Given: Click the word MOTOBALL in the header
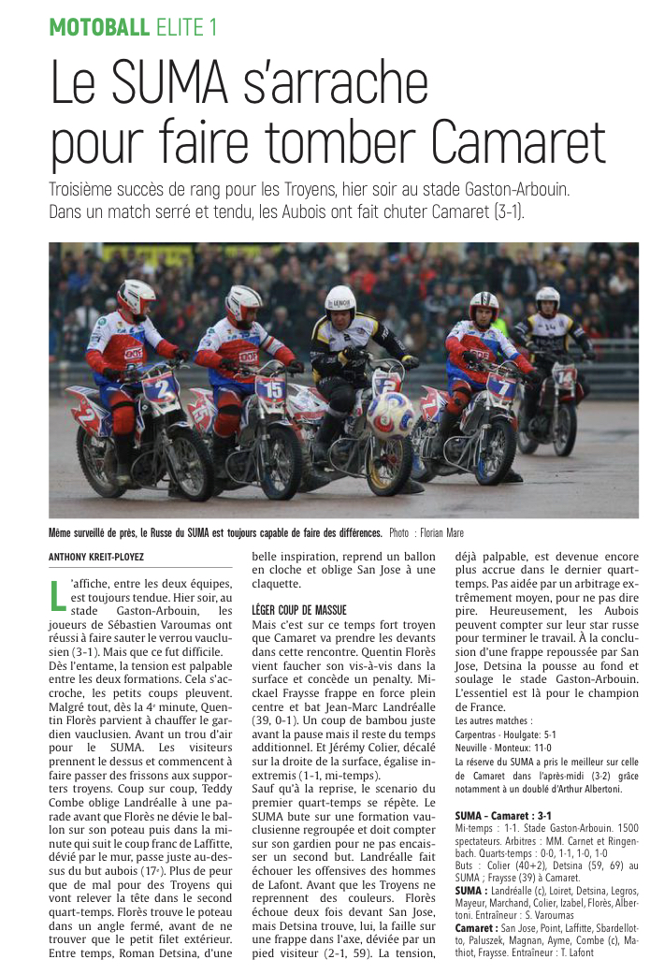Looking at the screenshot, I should click(x=99, y=27).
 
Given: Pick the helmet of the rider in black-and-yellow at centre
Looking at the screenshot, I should click(x=340, y=302).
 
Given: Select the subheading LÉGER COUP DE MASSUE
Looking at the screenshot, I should click(x=300, y=609).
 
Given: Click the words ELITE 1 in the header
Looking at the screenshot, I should click(x=187, y=27).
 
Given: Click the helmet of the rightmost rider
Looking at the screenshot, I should click(x=547, y=299).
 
